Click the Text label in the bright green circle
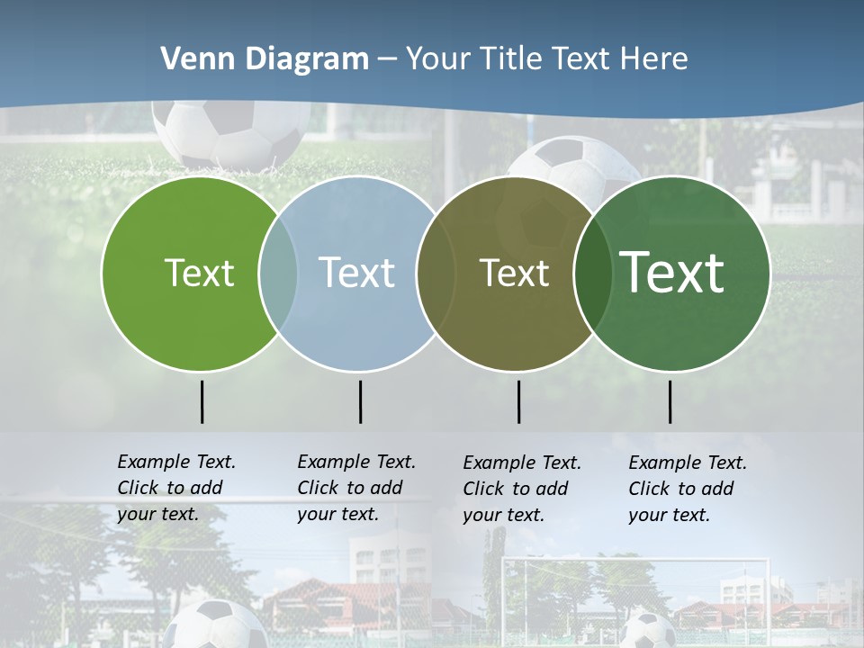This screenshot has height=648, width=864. (199, 274)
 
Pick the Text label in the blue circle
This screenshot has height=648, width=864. (356, 274)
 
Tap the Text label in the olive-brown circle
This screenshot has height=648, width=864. (514, 274)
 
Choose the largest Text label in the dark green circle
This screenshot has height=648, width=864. (672, 273)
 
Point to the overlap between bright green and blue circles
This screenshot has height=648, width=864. (278, 274)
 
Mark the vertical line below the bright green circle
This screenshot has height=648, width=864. (202, 401)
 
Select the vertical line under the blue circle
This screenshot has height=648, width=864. (360, 401)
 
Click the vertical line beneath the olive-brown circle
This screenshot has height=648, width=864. (518, 401)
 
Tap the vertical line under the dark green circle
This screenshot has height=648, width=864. (670, 401)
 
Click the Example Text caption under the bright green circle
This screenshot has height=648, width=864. (176, 488)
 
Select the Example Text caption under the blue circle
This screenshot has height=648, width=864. (356, 488)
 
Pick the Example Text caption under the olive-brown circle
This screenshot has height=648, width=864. (522, 489)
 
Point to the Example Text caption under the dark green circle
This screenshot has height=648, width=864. (688, 489)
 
